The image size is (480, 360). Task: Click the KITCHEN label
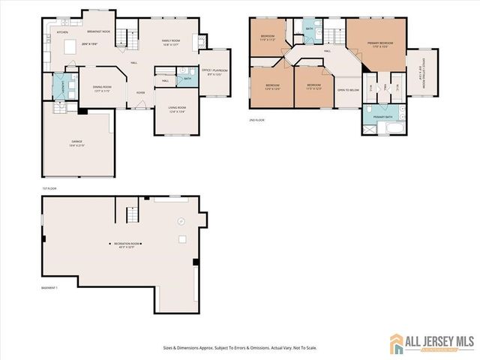pos(63,32)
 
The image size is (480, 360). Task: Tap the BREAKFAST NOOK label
pos(99,31)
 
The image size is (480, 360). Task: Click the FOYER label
pos(140,93)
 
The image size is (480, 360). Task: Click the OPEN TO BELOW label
pos(347,91)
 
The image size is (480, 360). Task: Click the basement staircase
pos(130,216)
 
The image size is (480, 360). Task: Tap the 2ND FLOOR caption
pos(257,120)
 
